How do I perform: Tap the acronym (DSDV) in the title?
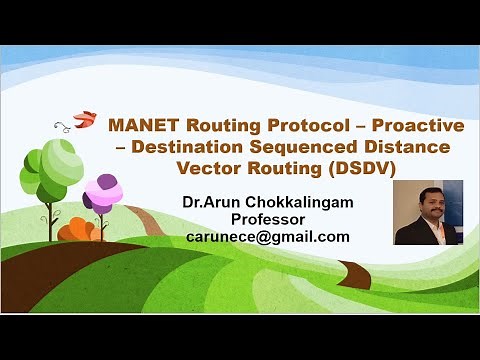click(365, 167)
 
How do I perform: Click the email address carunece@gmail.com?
click(267, 236)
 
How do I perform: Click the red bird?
click(87, 117)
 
